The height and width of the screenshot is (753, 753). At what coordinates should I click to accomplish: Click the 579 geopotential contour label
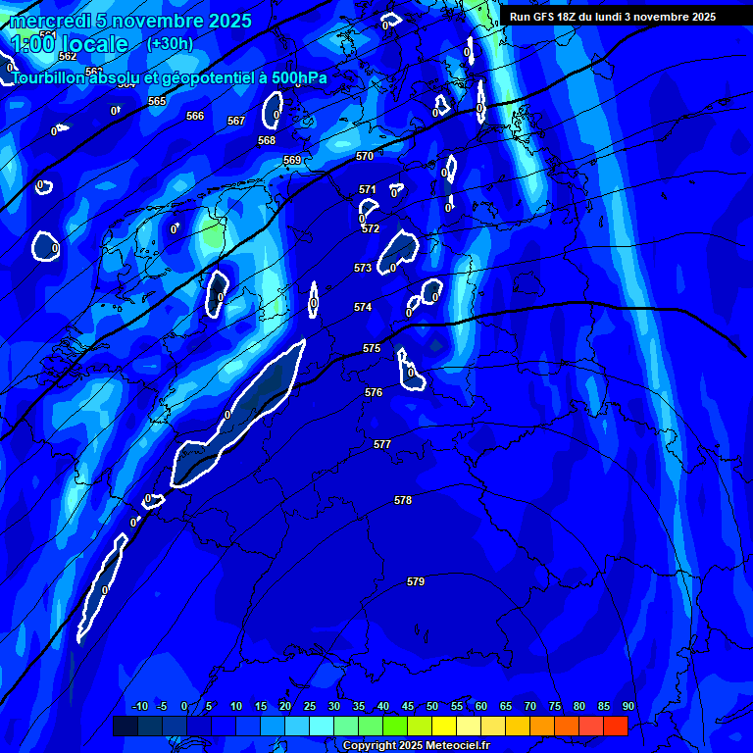[x=416, y=581]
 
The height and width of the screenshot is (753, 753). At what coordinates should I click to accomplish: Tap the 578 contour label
[x=403, y=500]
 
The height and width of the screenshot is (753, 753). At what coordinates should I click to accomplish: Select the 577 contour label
[x=382, y=444]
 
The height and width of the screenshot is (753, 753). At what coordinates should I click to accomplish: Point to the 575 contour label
[x=372, y=348]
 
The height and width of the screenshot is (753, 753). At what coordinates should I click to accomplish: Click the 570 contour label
[x=365, y=156]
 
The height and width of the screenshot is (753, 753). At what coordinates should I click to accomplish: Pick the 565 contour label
[x=157, y=101]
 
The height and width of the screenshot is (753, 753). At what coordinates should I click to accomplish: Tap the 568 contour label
[x=267, y=140]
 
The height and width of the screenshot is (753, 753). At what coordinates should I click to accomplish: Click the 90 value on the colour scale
[x=627, y=706]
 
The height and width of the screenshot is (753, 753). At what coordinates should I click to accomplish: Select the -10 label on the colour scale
[x=139, y=706]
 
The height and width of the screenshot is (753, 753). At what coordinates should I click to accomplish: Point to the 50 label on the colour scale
[x=432, y=706]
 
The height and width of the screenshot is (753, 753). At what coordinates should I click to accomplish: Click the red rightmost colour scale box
[x=615, y=727]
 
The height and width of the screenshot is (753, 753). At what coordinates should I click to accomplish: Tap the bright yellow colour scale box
[x=443, y=727]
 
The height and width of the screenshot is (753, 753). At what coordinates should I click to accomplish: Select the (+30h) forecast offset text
[x=170, y=43]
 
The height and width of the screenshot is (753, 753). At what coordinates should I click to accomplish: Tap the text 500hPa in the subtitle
[x=295, y=78]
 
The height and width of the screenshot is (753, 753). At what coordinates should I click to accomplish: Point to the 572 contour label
[x=371, y=228]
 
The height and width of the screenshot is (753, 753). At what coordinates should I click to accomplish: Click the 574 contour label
[x=363, y=307]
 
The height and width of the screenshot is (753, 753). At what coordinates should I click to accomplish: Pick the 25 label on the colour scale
[x=310, y=706]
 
